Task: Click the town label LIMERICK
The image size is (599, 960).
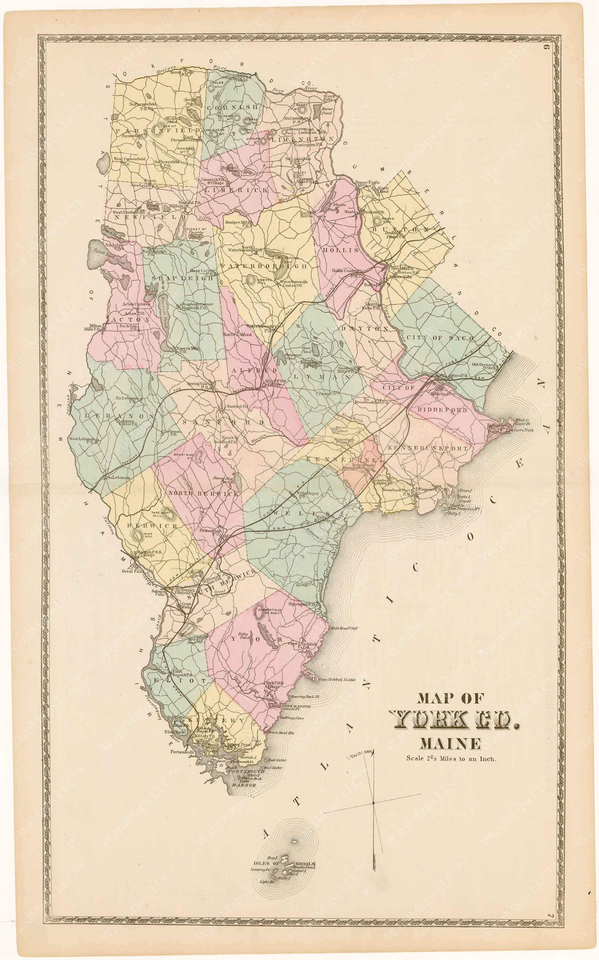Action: [x=236, y=191]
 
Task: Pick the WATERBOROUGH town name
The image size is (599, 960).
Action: [x=264, y=266]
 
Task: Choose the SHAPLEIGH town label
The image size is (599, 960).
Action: [x=183, y=278]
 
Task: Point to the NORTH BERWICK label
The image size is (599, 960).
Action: [x=204, y=494]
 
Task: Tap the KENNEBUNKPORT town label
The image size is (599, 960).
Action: [x=427, y=448]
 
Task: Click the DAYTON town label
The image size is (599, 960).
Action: [x=365, y=329]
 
